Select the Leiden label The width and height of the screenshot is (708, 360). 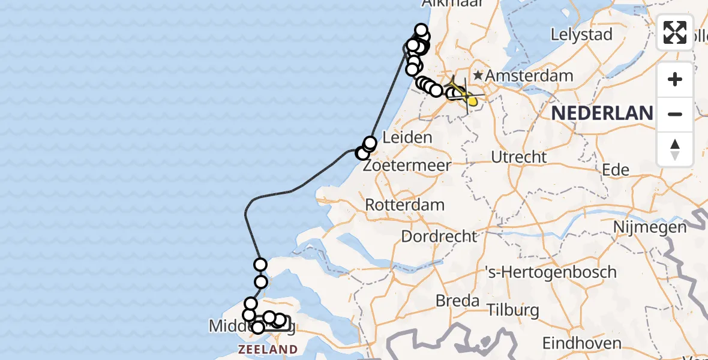[x=407, y=137]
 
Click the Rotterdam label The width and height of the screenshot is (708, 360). [x=405, y=205]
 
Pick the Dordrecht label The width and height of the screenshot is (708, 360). [x=439, y=236]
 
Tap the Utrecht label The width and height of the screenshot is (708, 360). [x=519, y=157]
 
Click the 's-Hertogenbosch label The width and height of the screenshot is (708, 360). [x=550, y=271]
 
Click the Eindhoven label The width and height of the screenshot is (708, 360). [x=581, y=343]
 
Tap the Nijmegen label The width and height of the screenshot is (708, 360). [x=650, y=227]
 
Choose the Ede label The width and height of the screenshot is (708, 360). [x=616, y=170]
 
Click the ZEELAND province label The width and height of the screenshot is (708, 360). [x=268, y=349]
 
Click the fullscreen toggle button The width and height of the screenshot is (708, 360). [x=675, y=32]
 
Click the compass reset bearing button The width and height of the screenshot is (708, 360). [x=675, y=149]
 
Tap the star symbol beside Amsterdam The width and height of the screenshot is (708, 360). [x=478, y=76]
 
